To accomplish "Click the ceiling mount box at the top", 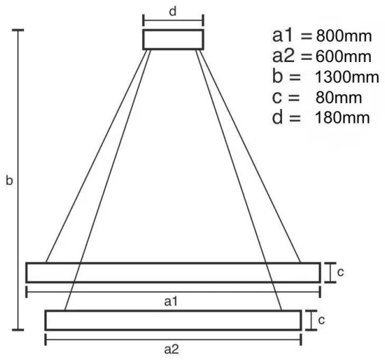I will (173, 39).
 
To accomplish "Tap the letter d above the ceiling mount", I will (173, 12).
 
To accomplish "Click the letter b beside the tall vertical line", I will (9, 181).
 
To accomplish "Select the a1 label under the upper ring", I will (172, 300).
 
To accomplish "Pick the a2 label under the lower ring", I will (172, 348).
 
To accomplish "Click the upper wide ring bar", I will (173, 272).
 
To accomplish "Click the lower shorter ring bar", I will (173, 320).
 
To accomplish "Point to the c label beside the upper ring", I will (340, 272).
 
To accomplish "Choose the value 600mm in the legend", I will (344, 56).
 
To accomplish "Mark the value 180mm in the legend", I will (343, 117).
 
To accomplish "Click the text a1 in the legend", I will (283, 35).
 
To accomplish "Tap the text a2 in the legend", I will (283, 56).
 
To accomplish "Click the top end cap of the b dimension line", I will (18, 31).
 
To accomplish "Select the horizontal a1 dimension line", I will (102, 292).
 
